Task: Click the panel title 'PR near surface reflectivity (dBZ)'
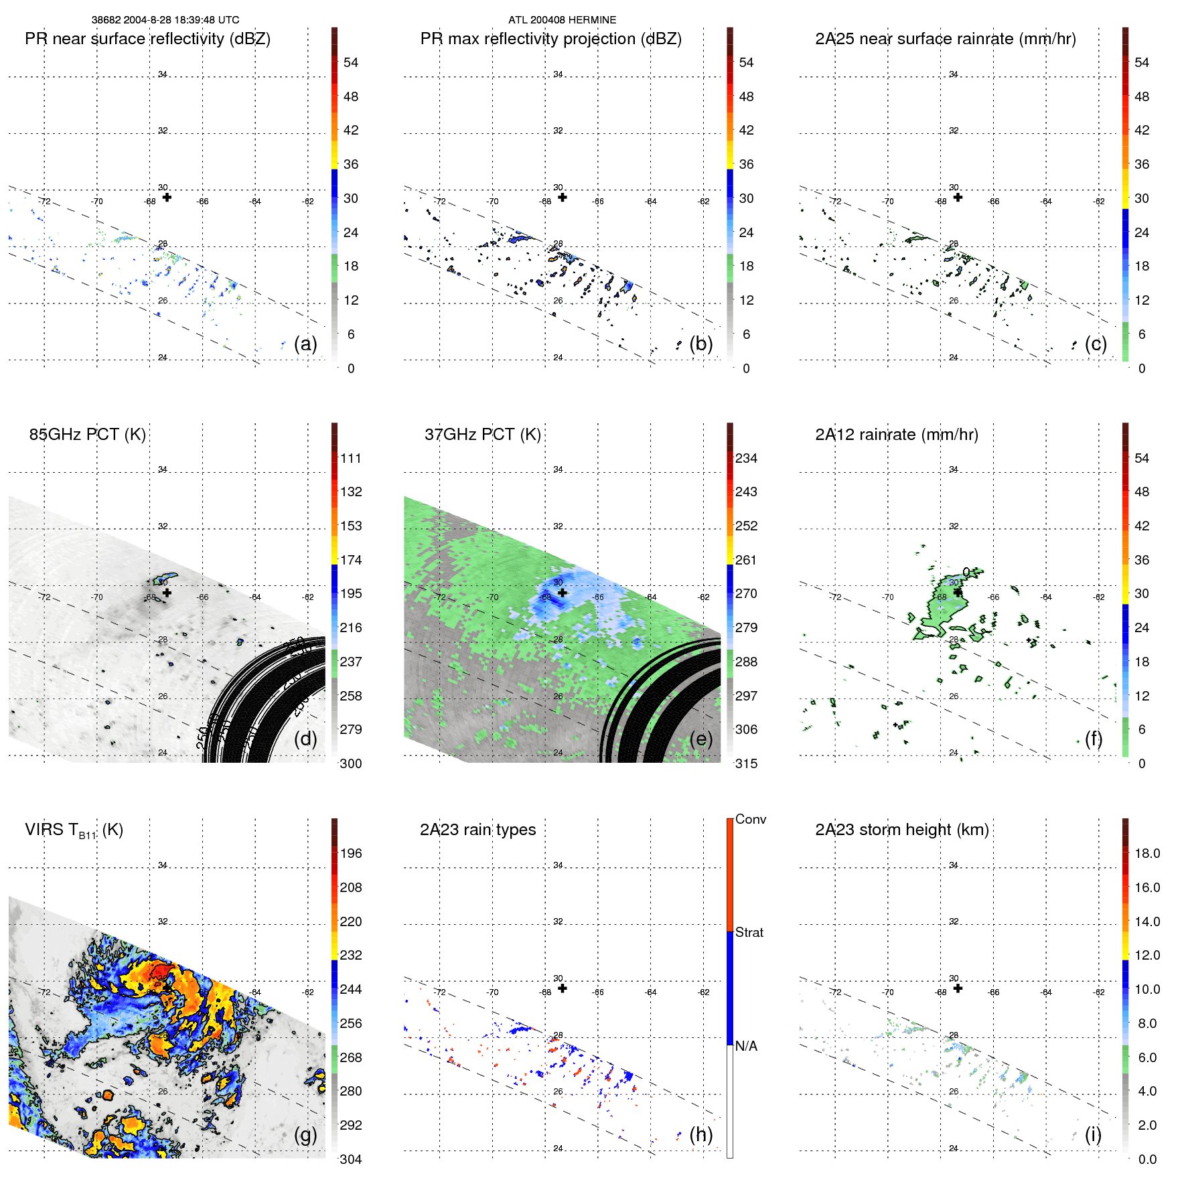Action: (x=147, y=39)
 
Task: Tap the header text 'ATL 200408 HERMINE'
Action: (x=562, y=20)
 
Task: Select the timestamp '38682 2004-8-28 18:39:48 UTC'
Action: (x=165, y=20)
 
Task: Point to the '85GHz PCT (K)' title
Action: (x=87, y=435)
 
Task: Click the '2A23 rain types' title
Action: (x=477, y=830)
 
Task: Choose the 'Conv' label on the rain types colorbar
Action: (x=750, y=819)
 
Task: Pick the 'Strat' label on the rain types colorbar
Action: (x=749, y=932)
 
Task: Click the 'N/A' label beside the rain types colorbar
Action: (x=746, y=1046)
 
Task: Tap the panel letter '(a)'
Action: (x=305, y=344)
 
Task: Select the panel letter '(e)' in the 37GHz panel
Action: (x=700, y=739)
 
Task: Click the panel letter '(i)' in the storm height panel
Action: (x=1093, y=1134)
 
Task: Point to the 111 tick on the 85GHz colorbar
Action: (x=350, y=458)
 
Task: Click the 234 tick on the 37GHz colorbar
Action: (x=746, y=458)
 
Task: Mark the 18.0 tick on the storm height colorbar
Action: (x=1146, y=853)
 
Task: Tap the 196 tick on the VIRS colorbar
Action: (x=350, y=853)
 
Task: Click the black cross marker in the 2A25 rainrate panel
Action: (x=958, y=198)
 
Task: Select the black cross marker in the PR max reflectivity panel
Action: (x=563, y=198)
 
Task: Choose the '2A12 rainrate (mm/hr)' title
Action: (x=896, y=435)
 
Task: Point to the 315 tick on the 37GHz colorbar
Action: (x=746, y=763)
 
